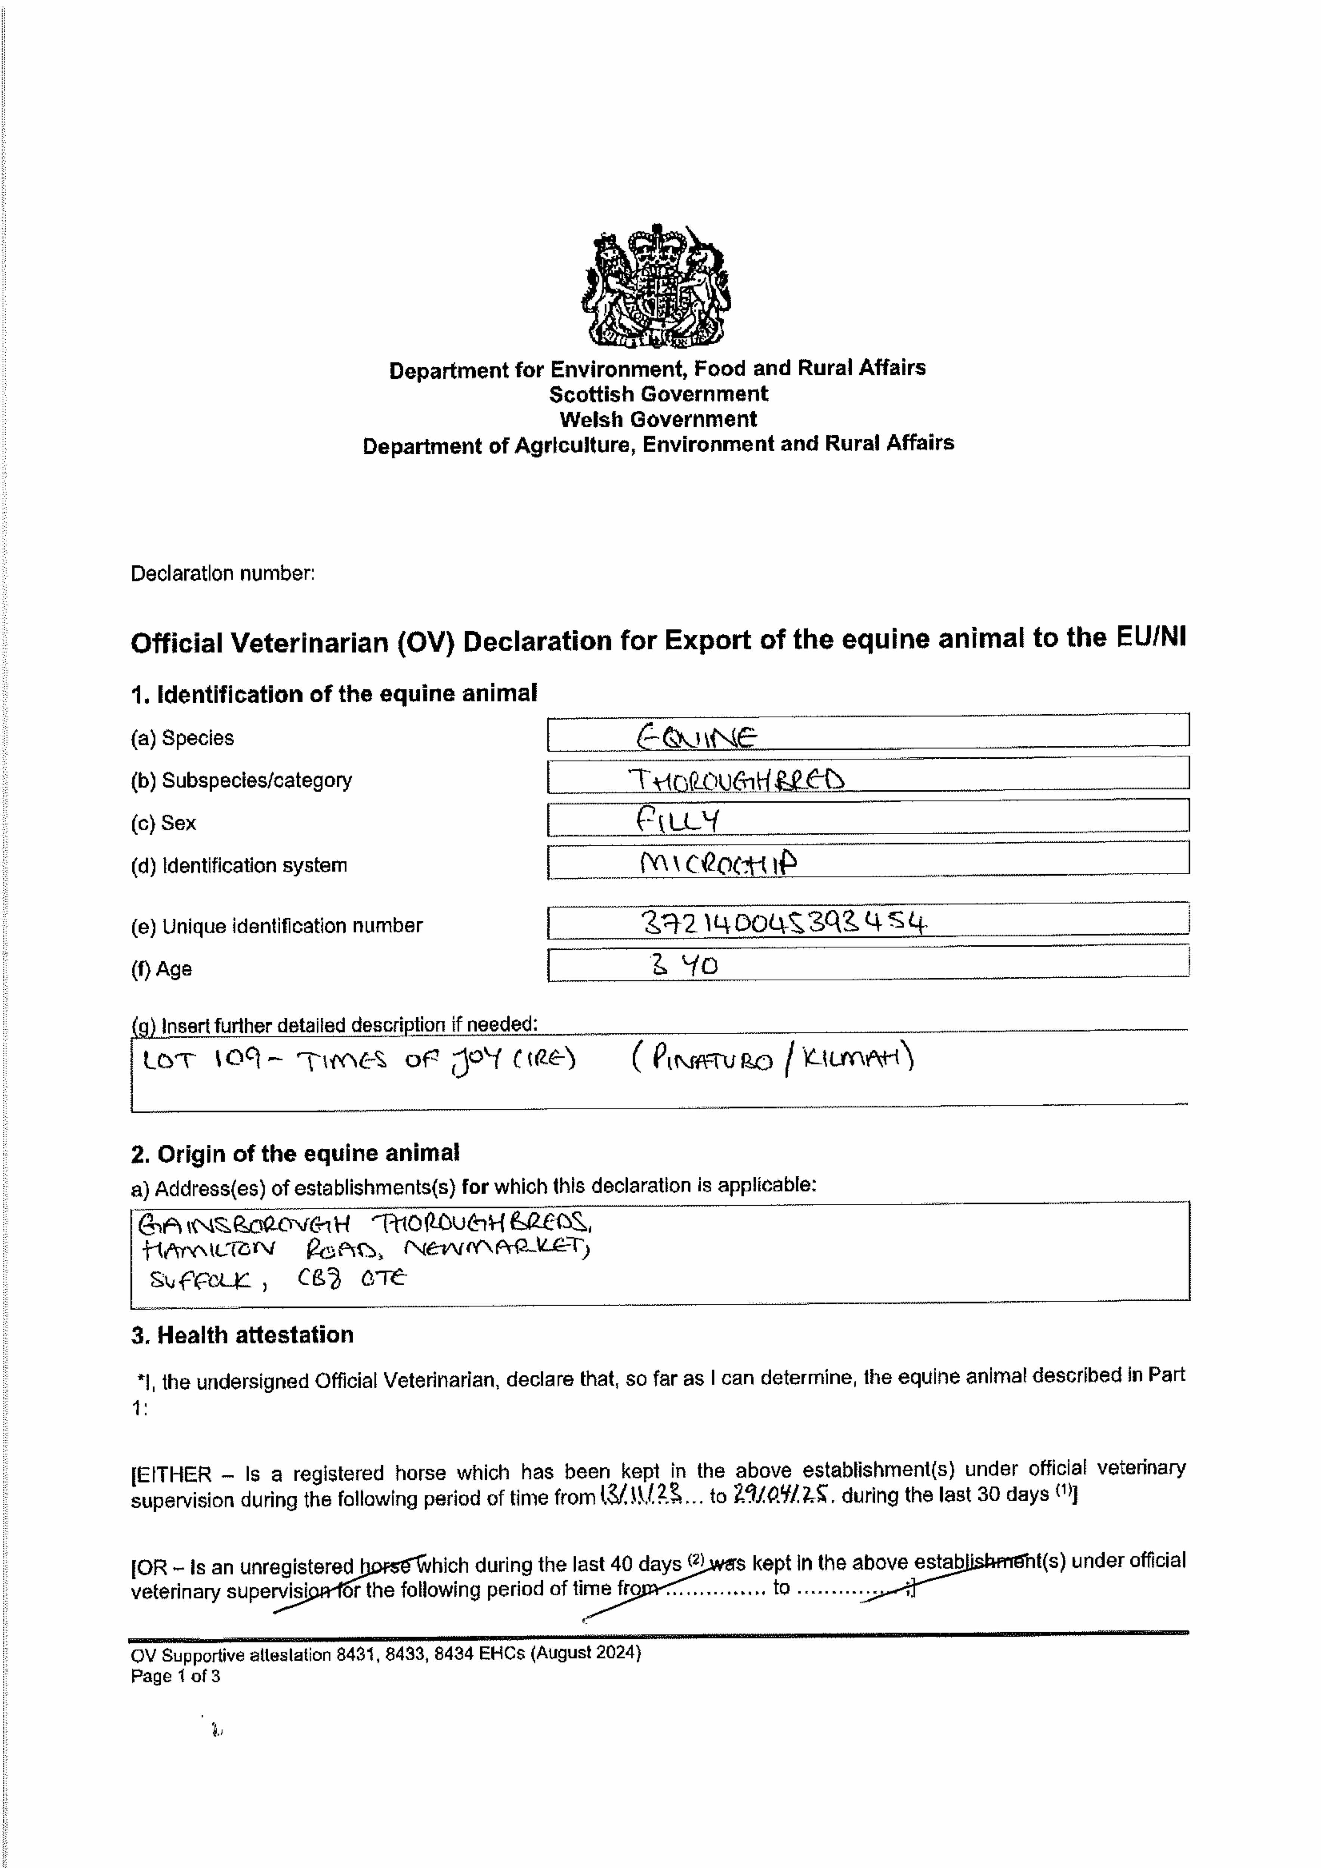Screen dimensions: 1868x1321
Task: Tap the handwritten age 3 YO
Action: point(684,966)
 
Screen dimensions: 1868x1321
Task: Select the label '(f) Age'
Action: point(161,969)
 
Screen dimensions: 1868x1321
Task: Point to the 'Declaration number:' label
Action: point(222,573)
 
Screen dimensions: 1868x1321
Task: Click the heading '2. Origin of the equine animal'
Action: point(294,1154)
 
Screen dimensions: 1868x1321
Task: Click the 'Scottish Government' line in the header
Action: point(658,395)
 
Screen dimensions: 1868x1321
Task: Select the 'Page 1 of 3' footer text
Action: point(175,1676)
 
